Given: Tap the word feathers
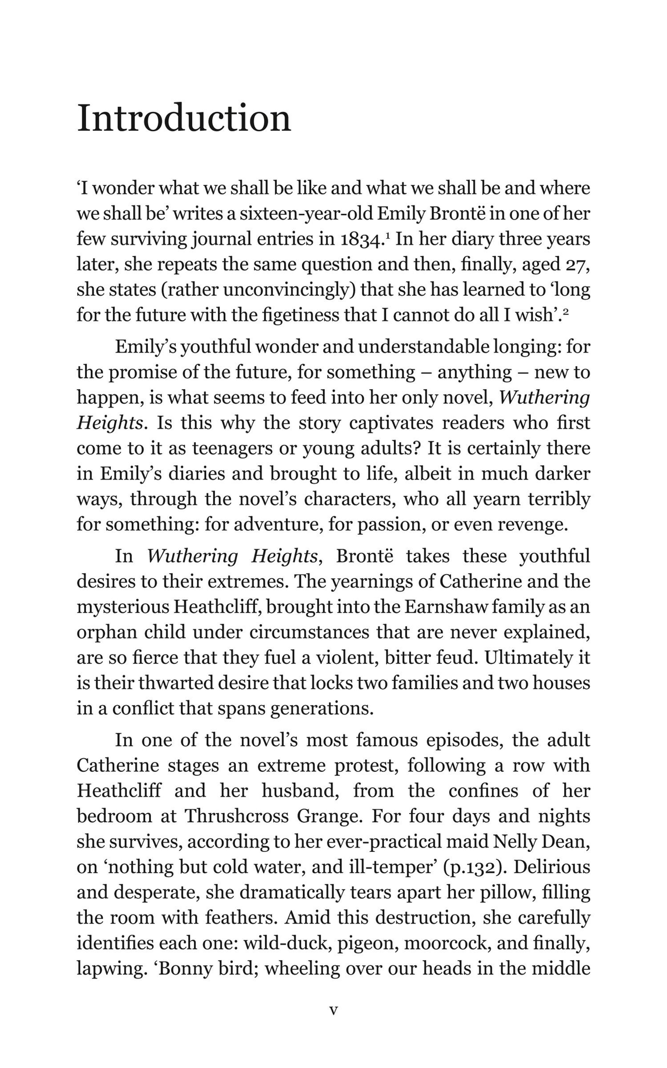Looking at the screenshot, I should point(241,918).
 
